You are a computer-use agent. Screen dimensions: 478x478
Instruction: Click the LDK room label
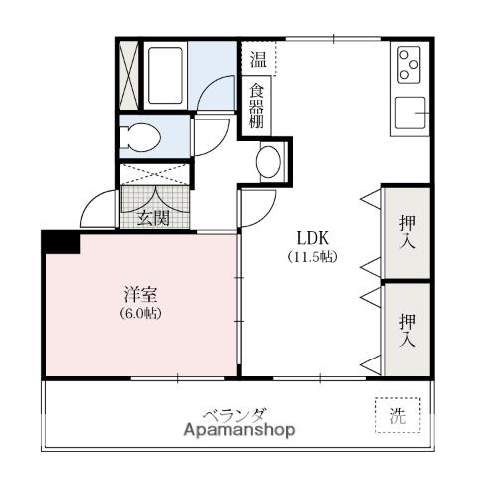click(312, 238)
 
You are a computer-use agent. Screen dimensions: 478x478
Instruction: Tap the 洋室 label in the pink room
click(140, 294)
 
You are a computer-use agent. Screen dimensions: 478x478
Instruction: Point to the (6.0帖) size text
click(140, 313)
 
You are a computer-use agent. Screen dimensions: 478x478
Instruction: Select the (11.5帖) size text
click(312, 257)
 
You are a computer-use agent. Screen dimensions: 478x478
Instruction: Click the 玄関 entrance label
click(153, 218)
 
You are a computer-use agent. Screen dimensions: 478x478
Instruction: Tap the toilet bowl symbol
click(139, 137)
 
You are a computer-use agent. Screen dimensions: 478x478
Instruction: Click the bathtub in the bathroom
click(165, 76)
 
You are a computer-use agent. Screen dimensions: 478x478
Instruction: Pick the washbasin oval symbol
click(268, 162)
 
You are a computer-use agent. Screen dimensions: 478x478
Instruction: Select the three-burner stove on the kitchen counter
click(409, 65)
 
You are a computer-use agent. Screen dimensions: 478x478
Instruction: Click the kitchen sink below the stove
click(410, 113)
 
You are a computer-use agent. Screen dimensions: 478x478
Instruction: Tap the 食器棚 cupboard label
click(256, 106)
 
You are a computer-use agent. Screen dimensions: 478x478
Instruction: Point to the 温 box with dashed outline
click(258, 59)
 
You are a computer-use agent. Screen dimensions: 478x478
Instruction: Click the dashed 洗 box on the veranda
click(398, 415)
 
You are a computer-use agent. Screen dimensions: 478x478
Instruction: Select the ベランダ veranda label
click(234, 415)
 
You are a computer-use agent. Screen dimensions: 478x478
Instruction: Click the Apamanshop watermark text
click(239, 430)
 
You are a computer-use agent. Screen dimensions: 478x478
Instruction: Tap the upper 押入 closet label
click(407, 232)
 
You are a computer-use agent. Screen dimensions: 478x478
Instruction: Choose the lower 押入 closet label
click(407, 330)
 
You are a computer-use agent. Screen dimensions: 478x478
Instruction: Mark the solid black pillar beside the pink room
click(62, 242)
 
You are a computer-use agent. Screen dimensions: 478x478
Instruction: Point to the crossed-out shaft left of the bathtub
click(128, 75)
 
